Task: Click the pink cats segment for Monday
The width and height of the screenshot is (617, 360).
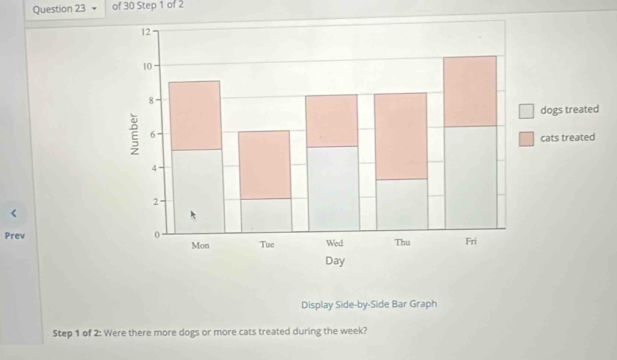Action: [194, 115]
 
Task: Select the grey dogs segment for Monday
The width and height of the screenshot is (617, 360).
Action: [196, 190]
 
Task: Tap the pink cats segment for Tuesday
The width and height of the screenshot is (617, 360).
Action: [264, 164]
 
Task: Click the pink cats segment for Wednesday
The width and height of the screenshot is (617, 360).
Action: [331, 121]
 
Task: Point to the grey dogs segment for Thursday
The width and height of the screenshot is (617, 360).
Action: [401, 205]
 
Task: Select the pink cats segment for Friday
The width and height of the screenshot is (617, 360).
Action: [470, 91]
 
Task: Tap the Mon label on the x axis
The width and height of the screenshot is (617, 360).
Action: [200, 245]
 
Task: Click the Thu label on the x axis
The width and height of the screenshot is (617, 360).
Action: [402, 242]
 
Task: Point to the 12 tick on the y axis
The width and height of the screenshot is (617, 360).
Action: [145, 32]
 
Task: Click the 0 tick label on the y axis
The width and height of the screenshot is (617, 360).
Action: [156, 235]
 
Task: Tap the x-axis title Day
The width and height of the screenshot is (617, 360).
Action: [334, 261]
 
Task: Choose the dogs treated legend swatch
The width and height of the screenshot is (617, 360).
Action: [526, 111]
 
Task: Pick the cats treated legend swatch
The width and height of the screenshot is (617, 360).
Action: [526, 139]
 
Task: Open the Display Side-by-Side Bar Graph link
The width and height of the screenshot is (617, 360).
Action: [368, 303]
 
